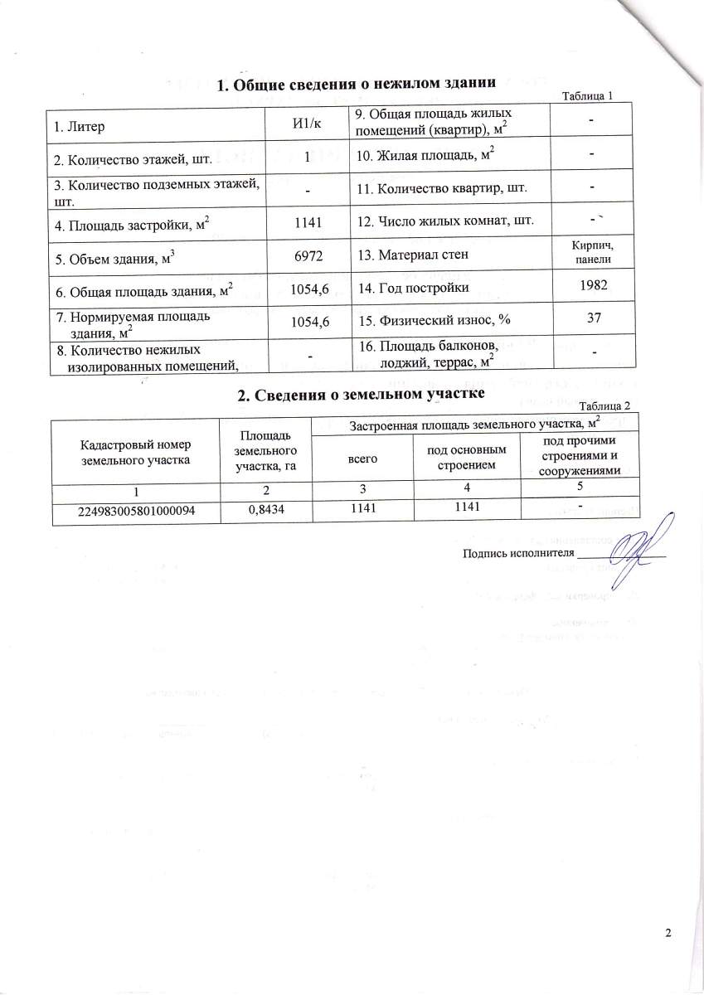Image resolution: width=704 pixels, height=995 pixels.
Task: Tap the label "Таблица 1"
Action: click(x=587, y=96)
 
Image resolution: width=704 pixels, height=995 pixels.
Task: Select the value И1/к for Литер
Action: click(x=307, y=124)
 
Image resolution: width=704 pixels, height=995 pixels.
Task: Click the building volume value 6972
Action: click(x=307, y=258)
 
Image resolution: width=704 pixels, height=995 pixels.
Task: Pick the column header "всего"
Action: click(x=360, y=459)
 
